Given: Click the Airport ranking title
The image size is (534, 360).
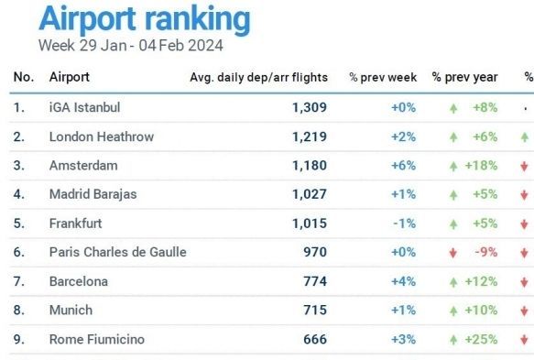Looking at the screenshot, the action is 145,19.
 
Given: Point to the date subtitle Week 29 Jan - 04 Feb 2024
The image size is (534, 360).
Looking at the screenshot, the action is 131,46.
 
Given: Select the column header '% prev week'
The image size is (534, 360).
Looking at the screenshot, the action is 383,77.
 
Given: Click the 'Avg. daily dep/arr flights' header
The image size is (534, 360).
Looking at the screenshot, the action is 259,78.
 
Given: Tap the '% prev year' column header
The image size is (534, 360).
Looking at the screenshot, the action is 465,77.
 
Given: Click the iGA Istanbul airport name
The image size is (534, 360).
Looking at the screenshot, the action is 85,107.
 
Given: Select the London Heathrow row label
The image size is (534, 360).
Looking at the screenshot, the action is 102,136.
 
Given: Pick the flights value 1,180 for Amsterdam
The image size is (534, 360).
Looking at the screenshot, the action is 310,166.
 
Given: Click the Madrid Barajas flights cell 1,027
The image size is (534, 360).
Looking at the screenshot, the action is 310,194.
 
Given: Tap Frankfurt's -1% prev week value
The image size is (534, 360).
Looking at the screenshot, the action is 405,224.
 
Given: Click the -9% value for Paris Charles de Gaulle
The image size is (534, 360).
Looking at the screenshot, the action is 486,252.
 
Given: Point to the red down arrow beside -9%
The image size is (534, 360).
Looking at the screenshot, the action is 453,253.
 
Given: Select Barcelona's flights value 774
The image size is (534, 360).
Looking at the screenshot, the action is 315,281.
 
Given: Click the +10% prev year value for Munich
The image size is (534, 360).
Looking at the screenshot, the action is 481,311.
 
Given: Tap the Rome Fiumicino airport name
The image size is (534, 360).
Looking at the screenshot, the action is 97,339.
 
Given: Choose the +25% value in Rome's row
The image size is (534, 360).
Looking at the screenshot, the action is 481,339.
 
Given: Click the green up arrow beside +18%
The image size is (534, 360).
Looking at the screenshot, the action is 453,166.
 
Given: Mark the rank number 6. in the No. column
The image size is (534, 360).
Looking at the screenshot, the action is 18,252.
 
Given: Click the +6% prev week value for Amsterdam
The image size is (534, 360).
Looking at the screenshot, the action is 404,166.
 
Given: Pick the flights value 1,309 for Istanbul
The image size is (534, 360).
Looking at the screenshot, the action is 310,107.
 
